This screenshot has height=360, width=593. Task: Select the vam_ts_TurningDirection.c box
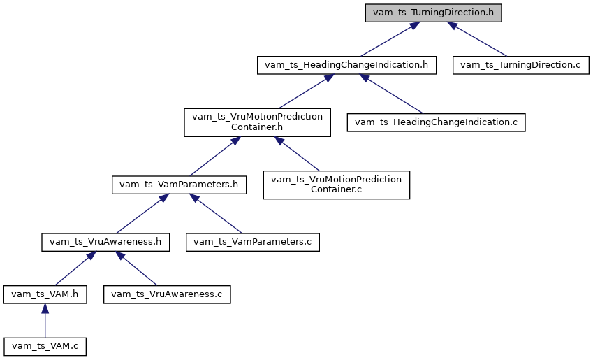pos(520,65)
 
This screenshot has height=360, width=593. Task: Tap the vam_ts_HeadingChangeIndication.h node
pos(346,65)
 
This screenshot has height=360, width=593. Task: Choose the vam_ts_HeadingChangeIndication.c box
pos(436,122)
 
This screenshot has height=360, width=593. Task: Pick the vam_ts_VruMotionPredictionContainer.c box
pos(336,185)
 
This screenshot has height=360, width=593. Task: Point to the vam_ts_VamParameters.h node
pos(180,185)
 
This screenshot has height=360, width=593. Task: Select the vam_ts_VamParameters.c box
pos(252,242)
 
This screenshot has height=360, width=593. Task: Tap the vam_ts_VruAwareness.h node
pos(105,242)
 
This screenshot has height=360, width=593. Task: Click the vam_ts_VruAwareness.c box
pos(166,294)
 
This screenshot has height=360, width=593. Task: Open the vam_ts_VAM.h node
pos(45,294)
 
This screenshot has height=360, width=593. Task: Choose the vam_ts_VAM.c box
pos(45,346)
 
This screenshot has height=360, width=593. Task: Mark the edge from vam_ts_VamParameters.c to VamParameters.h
pos(217,214)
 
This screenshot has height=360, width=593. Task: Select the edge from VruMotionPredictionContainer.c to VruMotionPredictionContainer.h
pos(297,154)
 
